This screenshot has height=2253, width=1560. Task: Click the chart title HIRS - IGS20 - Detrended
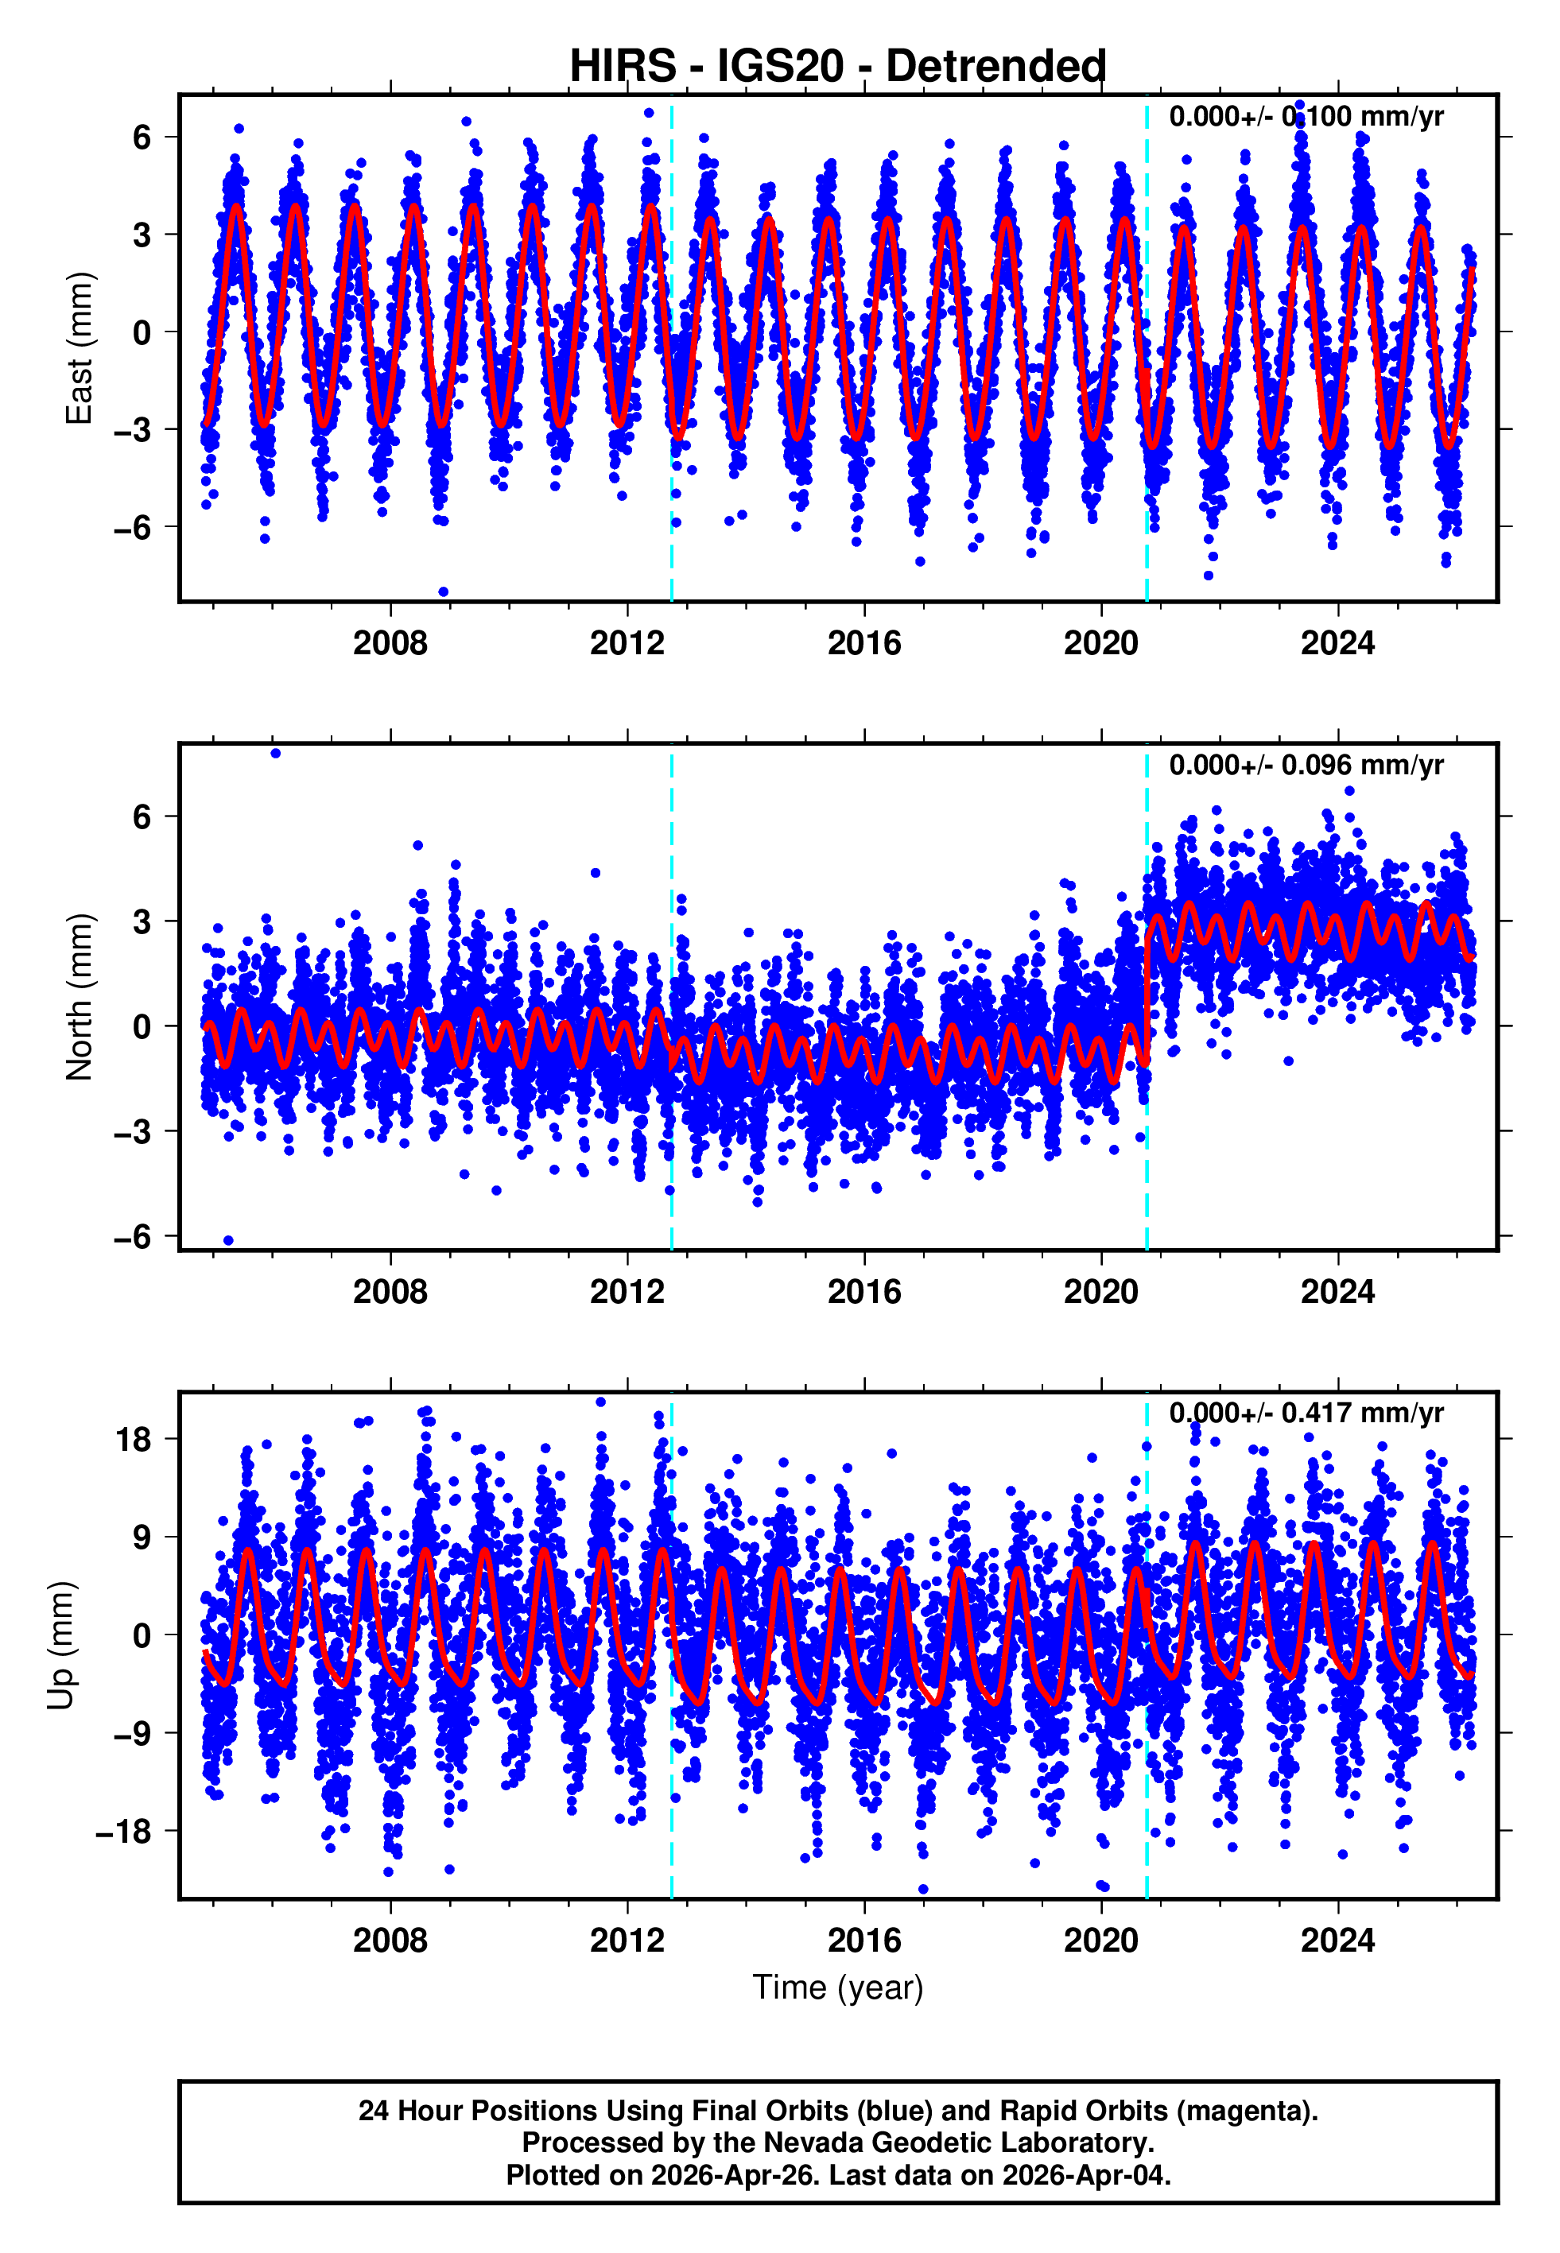click(838, 67)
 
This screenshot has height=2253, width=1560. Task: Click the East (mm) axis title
click(78, 348)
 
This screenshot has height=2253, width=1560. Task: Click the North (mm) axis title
click(78, 997)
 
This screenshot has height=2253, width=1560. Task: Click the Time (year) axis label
click(838, 1988)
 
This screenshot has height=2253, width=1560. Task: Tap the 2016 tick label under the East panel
click(864, 643)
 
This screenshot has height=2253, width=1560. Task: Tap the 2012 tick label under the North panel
click(627, 1292)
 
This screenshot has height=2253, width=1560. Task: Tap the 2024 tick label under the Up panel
click(1337, 1941)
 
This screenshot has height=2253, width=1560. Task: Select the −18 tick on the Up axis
click(123, 1832)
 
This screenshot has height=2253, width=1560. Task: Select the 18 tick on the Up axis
click(133, 1440)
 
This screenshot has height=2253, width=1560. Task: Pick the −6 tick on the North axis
click(133, 1237)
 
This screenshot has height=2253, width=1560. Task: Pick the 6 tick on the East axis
click(142, 137)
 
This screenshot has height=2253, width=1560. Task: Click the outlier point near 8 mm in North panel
click(276, 754)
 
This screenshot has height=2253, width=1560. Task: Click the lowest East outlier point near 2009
click(444, 592)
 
